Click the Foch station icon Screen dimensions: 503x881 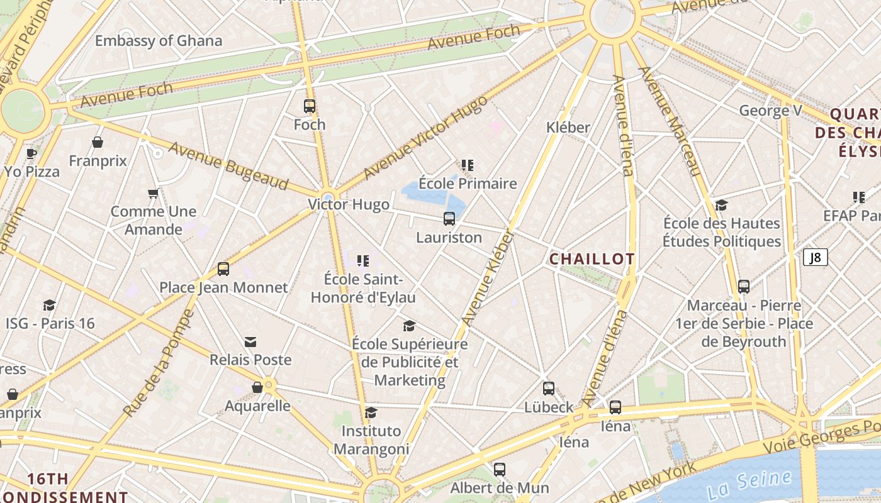click(x=309, y=106)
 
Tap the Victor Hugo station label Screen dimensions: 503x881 click(x=349, y=204)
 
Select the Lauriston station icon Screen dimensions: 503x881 click(x=449, y=219)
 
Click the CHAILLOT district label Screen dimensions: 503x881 click(x=592, y=259)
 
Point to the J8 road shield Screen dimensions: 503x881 click(x=816, y=257)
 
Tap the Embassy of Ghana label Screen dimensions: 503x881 click(x=159, y=41)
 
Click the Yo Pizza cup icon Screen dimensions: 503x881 click(x=31, y=153)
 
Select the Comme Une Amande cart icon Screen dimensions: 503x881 click(x=153, y=193)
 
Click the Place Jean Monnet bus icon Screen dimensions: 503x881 click(x=223, y=269)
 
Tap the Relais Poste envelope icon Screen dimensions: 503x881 click(x=250, y=341)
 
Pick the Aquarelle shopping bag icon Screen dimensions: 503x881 click(x=257, y=387)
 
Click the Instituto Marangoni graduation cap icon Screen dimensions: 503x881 click(x=371, y=412)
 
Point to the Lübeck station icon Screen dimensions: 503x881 click(x=549, y=389)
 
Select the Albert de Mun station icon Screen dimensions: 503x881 click(x=499, y=469)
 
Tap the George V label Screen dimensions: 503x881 click(x=770, y=111)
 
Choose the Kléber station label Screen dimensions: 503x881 click(x=568, y=128)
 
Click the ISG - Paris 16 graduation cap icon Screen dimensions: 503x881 click(x=50, y=306)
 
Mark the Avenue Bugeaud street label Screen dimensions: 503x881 click(x=228, y=167)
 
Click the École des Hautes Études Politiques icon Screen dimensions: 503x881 click(x=722, y=205)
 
